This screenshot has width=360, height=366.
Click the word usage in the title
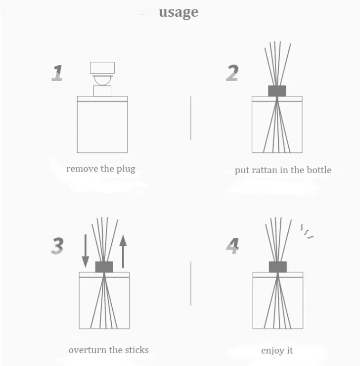click(179, 12)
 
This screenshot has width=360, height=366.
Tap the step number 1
click(57, 73)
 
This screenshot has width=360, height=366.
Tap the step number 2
click(232, 73)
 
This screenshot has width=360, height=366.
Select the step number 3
click(57, 246)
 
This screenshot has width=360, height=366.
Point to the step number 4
click(232, 246)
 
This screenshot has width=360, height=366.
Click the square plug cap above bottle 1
click(102, 68)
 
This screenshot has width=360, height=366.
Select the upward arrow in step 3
click(123, 251)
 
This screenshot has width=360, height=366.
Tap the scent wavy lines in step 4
click(307, 231)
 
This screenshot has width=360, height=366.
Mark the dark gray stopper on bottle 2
click(277, 91)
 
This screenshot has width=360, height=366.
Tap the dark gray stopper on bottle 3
click(104, 267)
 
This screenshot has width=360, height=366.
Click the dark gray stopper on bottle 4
click(277, 267)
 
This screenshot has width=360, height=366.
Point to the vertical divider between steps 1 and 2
click(191, 118)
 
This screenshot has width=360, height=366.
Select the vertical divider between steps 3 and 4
click(191, 283)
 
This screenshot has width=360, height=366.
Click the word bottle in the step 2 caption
click(319, 170)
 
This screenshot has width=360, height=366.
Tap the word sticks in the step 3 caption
click(136, 350)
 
